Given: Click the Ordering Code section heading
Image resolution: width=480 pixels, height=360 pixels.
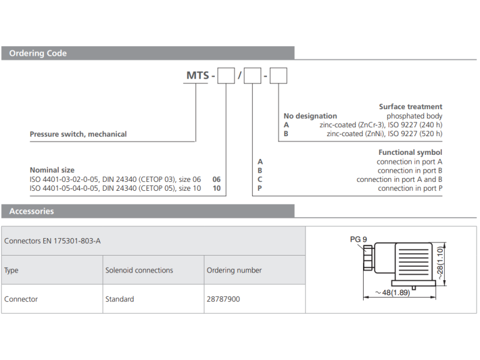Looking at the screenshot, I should (38, 53).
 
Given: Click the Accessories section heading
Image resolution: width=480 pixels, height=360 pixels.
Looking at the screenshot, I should (31, 211).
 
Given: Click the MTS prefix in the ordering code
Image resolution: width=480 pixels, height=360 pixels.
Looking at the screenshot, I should (198, 76).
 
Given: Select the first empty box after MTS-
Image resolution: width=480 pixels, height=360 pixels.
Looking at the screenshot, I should (226, 76).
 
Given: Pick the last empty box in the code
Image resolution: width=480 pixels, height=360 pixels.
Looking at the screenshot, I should (278, 76).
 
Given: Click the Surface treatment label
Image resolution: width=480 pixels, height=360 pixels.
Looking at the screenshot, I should (410, 107).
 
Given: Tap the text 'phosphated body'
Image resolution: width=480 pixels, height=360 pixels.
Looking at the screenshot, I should (414, 116).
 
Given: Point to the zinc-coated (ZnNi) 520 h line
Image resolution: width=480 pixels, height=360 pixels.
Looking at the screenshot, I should (384, 134).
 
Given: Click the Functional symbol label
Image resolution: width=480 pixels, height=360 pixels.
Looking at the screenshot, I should (410, 152).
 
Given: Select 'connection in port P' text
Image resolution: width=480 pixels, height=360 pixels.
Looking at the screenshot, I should (410, 188).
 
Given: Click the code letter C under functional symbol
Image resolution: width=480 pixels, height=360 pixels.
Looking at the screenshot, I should (260, 179).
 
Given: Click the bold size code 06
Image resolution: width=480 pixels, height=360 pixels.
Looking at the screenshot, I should (217, 179).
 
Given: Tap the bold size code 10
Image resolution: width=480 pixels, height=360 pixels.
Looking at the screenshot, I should (217, 188).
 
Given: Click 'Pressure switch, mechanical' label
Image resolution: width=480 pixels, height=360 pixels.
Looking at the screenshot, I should (78, 134).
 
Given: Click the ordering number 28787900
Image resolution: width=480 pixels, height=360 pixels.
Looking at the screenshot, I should (223, 299).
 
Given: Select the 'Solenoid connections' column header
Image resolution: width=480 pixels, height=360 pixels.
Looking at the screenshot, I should (139, 271).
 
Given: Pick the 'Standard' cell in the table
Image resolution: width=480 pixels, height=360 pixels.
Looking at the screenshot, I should (119, 299).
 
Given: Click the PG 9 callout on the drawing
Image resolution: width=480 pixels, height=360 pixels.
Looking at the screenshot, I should (358, 239).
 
